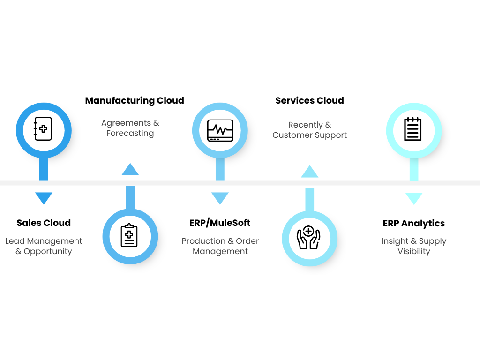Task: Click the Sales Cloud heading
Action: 44,223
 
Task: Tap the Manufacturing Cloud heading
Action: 135,101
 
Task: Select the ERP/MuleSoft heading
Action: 220,223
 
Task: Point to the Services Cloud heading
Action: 309,101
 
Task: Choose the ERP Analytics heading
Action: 413,224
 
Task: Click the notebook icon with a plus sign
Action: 43,128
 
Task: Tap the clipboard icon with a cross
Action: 129,235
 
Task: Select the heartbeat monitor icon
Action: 220,130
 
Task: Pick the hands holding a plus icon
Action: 309,238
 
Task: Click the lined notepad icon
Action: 413,129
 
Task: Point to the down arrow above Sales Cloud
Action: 44,198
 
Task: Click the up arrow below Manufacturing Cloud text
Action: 130,169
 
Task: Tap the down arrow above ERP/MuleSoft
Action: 220,198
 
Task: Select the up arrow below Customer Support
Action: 309,172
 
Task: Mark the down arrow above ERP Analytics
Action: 413,198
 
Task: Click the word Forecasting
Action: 130,134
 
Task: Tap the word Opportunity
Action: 48,252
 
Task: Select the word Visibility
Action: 413,252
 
